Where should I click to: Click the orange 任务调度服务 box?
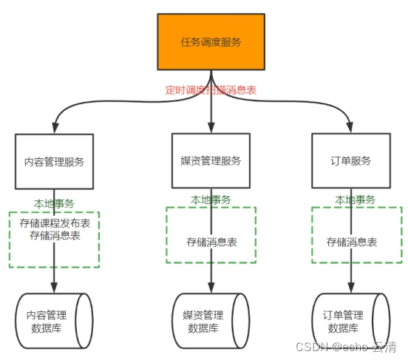(x=211, y=42)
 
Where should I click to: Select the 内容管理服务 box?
(x=54, y=161)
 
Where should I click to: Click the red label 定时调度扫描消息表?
(x=211, y=90)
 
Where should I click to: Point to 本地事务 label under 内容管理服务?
(x=54, y=203)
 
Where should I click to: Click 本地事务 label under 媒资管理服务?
(x=211, y=200)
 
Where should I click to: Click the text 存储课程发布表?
(x=55, y=223)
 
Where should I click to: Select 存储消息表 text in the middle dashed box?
(x=211, y=242)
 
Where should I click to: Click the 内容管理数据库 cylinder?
(x=54, y=321)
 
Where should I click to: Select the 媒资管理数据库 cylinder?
(x=211, y=321)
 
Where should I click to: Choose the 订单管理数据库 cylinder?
(x=350, y=321)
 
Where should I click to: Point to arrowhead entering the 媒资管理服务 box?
(x=211, y=128)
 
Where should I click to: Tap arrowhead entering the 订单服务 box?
(x=350, y=128)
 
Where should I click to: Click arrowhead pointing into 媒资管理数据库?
(x=211, y=288)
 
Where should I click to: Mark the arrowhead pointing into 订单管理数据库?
(x=350, y=288)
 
